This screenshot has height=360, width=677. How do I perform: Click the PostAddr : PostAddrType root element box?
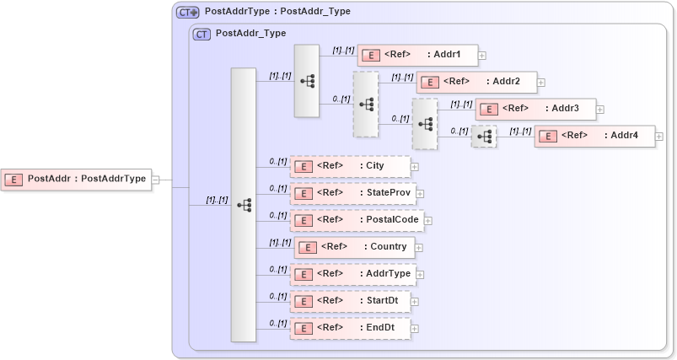click(x=76, y=179)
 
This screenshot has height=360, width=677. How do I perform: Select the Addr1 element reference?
click(x=417, y=55)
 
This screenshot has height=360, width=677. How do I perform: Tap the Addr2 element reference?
click(x=476, y=82)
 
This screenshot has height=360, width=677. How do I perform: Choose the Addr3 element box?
click(x=535, y=109)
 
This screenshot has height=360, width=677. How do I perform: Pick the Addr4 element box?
click(x=594, y=136)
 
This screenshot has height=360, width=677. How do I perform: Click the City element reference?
click(x=350, y=166)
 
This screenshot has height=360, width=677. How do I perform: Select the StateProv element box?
click(x=352, y=193)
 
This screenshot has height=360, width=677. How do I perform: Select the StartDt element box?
click(x=350, y=301)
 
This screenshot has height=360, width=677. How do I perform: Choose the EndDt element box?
click(x=350, y=328)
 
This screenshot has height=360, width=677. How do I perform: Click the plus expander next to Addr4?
click(x=659, y=137)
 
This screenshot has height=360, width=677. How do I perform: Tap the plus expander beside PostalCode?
click(x=427, y=221)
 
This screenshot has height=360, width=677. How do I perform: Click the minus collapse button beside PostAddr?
click(x=156, y=180)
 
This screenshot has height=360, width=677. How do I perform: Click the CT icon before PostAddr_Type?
click(x=201, y=35)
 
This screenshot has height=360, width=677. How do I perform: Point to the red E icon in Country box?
click(x=308, y=248)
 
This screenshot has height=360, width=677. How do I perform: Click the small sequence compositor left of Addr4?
click(x=484, y=137)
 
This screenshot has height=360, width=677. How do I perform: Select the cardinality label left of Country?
click(x=280, y=242)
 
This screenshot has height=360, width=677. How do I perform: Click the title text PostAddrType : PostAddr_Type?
click(x=277, y=12)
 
